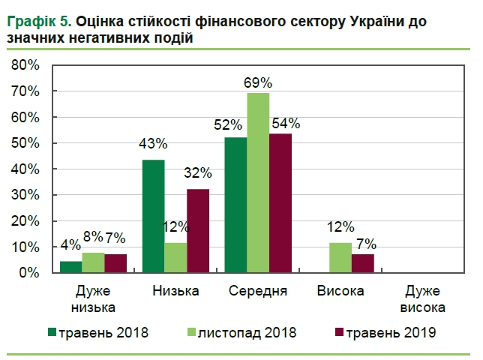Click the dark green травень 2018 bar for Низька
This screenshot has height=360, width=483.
pos(154,217)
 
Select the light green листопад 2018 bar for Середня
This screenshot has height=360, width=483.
pos(258,183)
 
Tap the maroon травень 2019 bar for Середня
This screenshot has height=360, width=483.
pos(280,203)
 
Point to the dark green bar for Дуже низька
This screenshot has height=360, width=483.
pos(71,267)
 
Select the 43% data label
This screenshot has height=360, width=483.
pos(154,144)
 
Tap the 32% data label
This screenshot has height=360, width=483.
pos(199,173)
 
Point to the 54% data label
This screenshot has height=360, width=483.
pos(286,123)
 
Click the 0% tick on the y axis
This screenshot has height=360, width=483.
pos(28,273)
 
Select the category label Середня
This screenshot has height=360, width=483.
pos(258,292)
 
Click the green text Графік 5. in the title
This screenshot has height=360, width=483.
pos(38,22)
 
